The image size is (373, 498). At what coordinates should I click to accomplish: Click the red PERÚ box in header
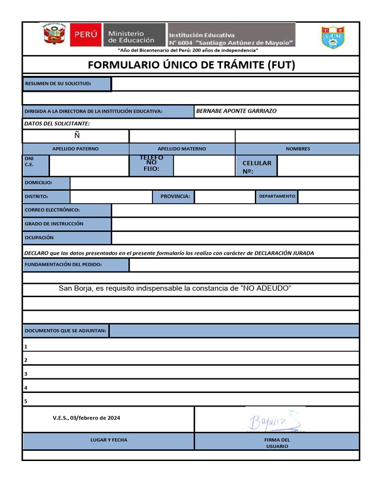[86, 35]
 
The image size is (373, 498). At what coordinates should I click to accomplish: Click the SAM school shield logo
[333, 37]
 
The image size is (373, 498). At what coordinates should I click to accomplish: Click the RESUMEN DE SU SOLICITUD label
[67, 84]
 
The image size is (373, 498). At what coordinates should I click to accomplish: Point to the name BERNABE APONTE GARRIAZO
[236, 111]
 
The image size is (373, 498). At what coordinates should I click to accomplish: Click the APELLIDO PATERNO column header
[75, 149]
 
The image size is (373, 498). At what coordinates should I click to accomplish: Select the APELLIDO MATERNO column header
[182, 149]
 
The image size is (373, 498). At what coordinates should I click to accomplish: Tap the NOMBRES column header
[298, 149]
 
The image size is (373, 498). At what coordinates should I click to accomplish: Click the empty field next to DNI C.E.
[89, 166]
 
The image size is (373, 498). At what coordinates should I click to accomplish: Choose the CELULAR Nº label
[256, 167]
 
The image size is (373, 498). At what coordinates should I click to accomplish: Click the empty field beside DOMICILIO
[214, 183]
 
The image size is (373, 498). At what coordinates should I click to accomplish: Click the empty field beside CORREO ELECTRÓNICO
[235, 210]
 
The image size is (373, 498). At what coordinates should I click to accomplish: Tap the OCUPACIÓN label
[39, 238]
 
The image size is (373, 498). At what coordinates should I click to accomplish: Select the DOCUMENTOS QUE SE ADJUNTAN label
[66, 331]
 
